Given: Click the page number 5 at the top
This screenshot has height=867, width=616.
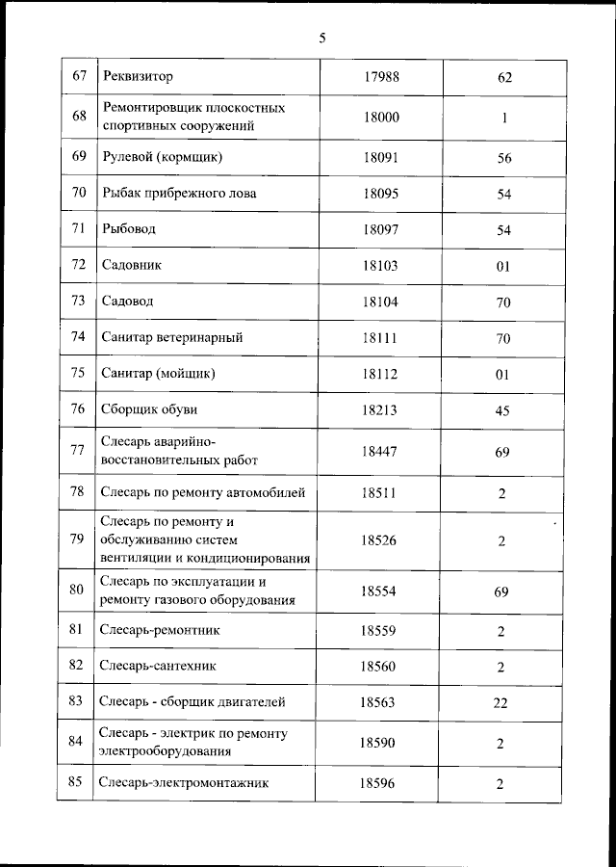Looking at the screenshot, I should [x=322, y=39].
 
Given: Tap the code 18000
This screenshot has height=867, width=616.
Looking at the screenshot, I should [x=380, y=117].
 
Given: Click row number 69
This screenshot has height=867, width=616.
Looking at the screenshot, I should [x=79, y=157].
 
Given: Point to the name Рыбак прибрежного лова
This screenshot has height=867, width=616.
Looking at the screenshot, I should [x=179, y=194].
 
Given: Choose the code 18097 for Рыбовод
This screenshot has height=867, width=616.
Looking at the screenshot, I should [x=380, y=230].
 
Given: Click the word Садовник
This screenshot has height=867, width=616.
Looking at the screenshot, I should [x=133, y=265].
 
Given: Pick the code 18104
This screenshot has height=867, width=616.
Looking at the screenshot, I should [x=380, y=302].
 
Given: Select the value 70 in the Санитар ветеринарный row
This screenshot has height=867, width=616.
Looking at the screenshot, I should [x=502, y=338].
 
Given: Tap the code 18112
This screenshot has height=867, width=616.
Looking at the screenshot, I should [x=380, y=374].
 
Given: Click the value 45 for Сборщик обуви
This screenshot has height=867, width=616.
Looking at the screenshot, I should [x=502, y=410].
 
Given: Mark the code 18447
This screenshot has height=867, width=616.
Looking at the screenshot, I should [x=380, y=451].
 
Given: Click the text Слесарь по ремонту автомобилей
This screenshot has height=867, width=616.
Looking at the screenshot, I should [x=203, y=493].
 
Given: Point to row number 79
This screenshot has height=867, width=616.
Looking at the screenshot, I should [x=79, y=539].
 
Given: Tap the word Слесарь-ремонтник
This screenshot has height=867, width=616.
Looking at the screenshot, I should [x=161, y=631].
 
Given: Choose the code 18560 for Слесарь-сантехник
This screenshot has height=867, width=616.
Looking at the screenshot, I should [x=378, y=667].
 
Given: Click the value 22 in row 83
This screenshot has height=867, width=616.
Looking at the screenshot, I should [x=500, y=703].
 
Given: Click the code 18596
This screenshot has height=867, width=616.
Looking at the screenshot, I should [x=378, y=783].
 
